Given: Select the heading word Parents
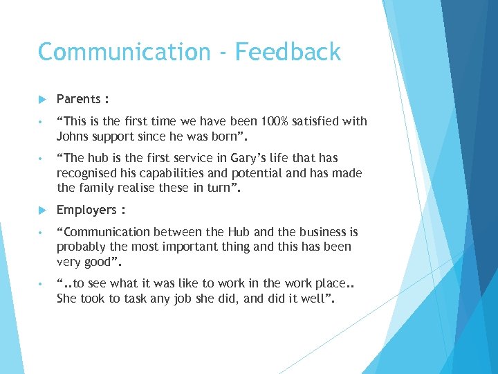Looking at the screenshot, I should point(78,99).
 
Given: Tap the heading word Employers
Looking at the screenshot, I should point(86,210).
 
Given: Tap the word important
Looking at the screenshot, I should point(195,247).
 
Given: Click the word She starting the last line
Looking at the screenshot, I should point(68,299).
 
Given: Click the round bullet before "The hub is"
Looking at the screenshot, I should point(42,159).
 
